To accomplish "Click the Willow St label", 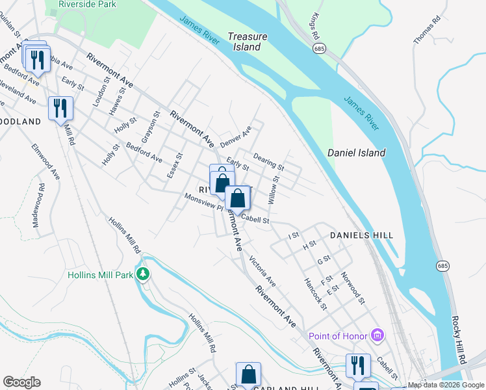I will click(274, 191).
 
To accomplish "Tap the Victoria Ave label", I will click(262, 272).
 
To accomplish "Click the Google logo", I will click(21, 382).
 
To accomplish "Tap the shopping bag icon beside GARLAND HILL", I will click(248, 374).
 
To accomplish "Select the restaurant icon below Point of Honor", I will click(357, 366).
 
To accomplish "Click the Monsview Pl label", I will click(203, 202).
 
